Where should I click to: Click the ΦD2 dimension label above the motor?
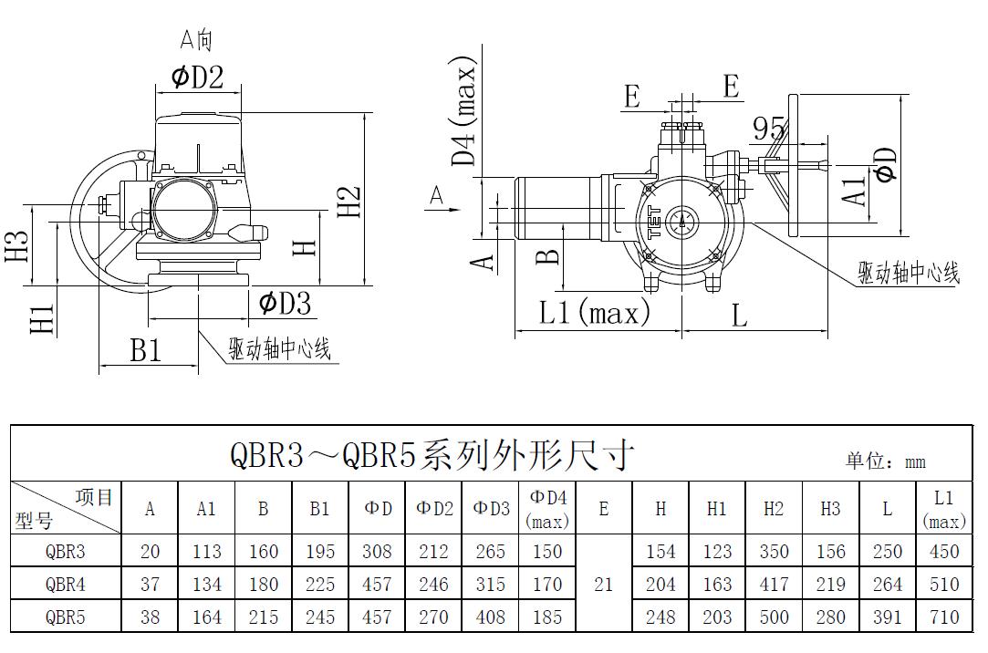point(197,77)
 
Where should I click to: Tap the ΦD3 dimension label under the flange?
point(285,303)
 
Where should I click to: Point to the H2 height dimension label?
point(349,202)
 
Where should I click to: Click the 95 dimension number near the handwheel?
point(769,130)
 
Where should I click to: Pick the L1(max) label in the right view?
point(594,312)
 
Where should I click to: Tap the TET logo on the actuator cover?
point(655,222)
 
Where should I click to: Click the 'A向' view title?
point(196,39)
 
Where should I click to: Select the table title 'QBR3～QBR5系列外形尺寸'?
point(432,454)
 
